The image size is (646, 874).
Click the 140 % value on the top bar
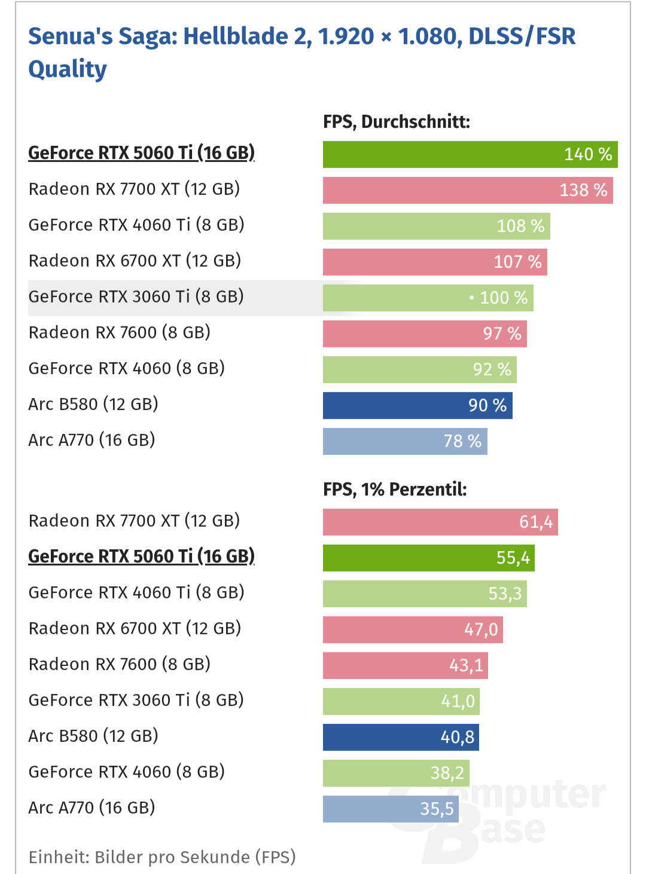tap(587, 154)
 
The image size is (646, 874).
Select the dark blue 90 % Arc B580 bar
tap(417, 405)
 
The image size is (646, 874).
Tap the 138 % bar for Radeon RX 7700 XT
tap(467, 190)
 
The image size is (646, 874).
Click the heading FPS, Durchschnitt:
tap(396, 122)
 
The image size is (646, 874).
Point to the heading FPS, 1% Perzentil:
tap(395, 490)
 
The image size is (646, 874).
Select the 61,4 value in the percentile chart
tap(535, 522)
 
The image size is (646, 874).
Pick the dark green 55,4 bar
tap(428, 558)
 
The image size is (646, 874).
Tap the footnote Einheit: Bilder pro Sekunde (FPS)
tap(162, 857)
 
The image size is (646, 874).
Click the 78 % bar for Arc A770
tap(404, 441)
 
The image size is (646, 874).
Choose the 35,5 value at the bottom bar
tap(437, 809)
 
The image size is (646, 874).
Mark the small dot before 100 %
tap(471, 297)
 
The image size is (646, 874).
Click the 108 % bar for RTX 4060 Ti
tap(436, 226)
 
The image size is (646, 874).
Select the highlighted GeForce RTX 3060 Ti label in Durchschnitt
tap(136, 297)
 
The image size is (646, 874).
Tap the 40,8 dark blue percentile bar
tap(400, 737)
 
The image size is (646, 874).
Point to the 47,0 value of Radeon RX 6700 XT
tap(481, 629)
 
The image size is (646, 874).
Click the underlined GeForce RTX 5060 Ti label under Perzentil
tap(141, 557)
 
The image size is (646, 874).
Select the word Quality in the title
tap(68, 69)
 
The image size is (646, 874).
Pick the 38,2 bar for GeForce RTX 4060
tap(395, 773)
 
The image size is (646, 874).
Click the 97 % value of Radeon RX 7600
tap(502, 334)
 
